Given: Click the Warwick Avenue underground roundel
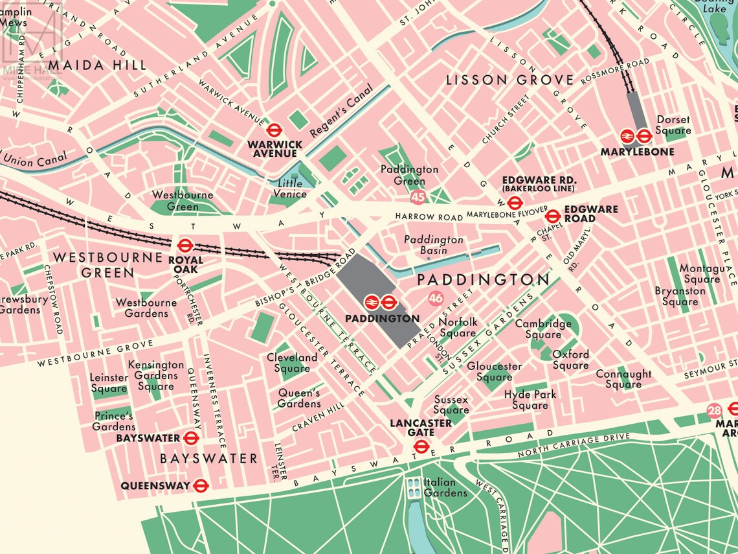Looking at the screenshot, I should pyautogui.click(x=273, y=128).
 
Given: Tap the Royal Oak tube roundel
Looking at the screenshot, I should pyautogui.click(x=184, y=246).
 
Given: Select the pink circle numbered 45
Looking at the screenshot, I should pyautogui.click(x=418, y=196).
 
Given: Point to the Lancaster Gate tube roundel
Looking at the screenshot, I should pyautogui.click(x=421, y=446).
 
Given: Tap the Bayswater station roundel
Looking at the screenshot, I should pyautogui.click(x=190, y=438).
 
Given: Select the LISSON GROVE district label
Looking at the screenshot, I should pyautogui.click(x=510, y=80).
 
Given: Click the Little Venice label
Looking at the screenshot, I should pyautogui.click(x=289, y=189).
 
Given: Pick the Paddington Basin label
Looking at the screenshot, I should pyautogui.click(x=434, y=245).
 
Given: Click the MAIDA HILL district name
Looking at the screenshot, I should pyautogui.click(x=97, y=65).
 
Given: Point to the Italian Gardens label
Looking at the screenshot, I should pyautogui.click(x=445, y=487).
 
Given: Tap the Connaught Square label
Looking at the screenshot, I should pyautogui.click(x=623, y=379).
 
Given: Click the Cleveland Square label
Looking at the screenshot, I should pyautogui.click(x=292, y=363).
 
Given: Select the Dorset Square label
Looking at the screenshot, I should pyautogui.click(x=673, y=124).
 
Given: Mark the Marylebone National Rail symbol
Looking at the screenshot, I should pyautogui.click(x=627, y=136).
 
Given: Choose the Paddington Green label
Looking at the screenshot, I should pyautogui.click(x=409, y=175).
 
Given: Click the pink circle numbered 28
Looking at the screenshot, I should pyautogui.click(x=714, y=410).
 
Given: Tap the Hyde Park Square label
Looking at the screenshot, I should pyautogui.click(x=530, y=400).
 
